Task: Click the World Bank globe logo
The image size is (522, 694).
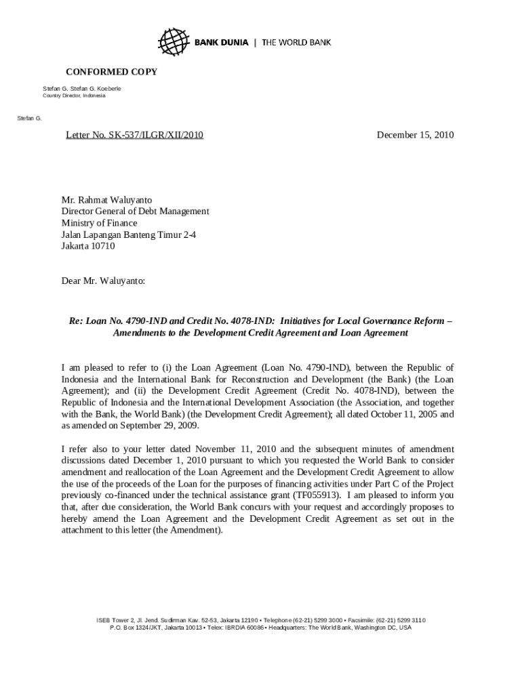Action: coord(172,42)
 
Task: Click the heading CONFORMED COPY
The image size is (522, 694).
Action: coord(111,72)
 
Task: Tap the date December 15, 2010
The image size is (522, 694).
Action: coord(415,136)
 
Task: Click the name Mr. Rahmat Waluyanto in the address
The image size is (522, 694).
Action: coord(107,200)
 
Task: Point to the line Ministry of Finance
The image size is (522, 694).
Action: coord(99,223)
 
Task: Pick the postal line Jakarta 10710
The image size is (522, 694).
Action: coord(88,246)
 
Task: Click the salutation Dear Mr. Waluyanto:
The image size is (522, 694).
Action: coord(103,280)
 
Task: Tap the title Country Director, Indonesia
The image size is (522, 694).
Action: coord(75,96)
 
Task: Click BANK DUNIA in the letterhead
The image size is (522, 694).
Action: coord(222,43)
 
